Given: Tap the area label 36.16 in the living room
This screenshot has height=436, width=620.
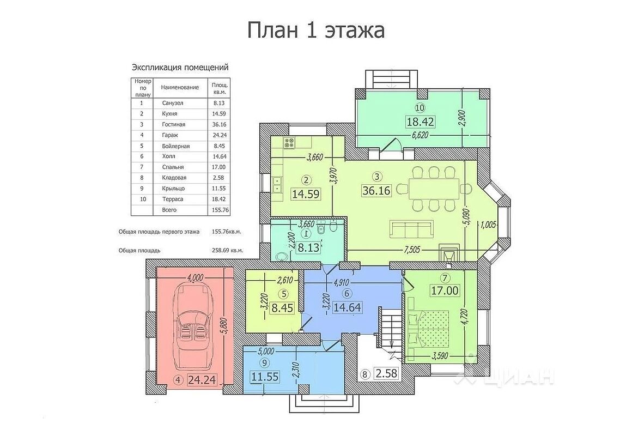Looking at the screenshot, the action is click(376, 190).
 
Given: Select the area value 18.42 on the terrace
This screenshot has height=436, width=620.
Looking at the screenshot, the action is click(421, 122).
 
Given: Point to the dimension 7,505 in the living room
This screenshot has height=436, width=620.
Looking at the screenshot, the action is click(411, 250).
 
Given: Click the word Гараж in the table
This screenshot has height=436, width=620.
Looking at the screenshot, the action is click(170, 135).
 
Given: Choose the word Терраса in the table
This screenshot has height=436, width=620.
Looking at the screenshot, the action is click(172, 199).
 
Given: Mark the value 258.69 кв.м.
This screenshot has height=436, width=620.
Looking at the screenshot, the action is click(228, 251).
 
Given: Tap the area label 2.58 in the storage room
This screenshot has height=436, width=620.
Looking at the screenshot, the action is click(386, 373).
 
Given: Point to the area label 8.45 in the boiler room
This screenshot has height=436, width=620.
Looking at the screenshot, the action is click(282, 307).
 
